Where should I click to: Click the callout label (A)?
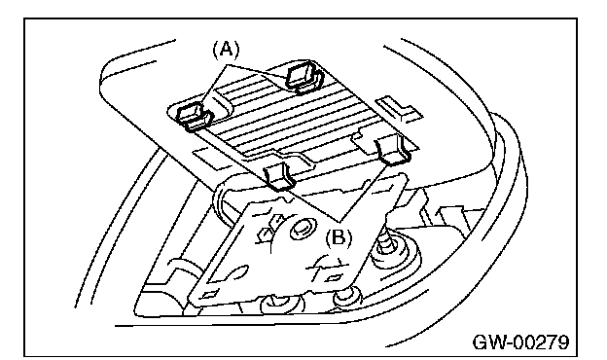pyautogui.click(x=227, y=51)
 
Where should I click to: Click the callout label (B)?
pyautogui.click(x=339, y=238)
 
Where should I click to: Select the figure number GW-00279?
pyautogui.click(x=521, y=342)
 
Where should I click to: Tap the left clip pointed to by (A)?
pyautogui.click(x=193, y=116)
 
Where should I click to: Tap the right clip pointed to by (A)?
pyautogui.click(x=303, y=77)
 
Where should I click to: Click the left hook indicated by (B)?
pyautogui.click(x=278, y=175)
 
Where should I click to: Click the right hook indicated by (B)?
pyautogui.click(x=393, y=150)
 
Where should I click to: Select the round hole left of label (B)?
pyautogui.click(x=302, y=229)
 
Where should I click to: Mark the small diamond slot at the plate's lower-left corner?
pyautogui.click(x=209, y=295)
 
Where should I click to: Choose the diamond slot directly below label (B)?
pyautogui.click(x=333, y=277)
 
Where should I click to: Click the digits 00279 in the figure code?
pyautogui.click(x=543, y=342)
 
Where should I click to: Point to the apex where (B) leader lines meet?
pyautogui.click(x=339, y=222)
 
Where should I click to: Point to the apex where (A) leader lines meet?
pyautogui.click(x=227, y=64)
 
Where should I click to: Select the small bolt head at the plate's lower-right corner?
pyautogui.click(x=347, y=296)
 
